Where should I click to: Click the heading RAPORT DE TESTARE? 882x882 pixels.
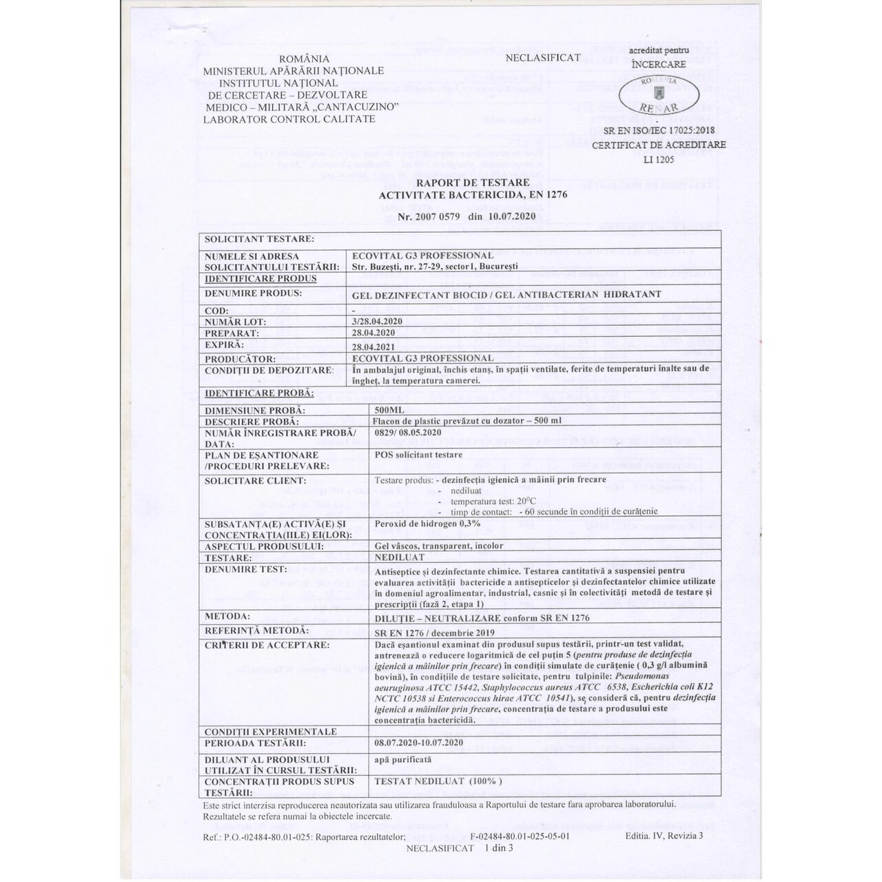(472, 183)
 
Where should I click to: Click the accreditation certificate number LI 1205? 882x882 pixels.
(658, 159)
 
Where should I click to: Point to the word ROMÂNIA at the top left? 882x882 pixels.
(291, 59)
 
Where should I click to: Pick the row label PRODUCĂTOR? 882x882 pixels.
(240, 358)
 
